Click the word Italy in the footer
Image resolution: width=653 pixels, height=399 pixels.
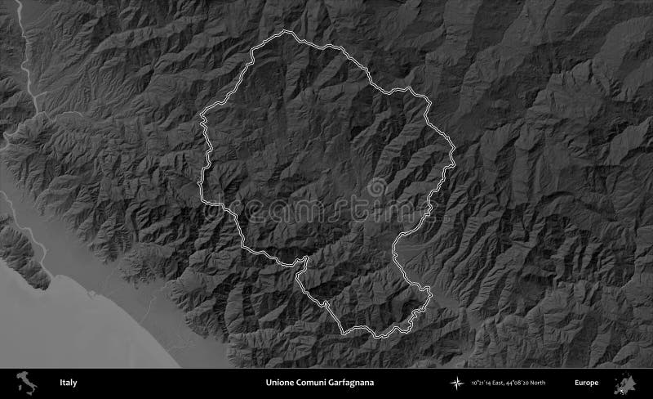click(x=69, y=383)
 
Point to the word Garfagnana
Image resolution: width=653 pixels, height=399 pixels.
click(x=358, y=383)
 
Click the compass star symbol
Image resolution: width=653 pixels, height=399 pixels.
click(x=455, y=383)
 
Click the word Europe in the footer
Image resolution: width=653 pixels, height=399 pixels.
click(x=586, y=383)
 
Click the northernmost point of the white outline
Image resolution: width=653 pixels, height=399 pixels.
click(x=285, y=32)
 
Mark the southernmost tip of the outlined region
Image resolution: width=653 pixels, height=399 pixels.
click(x=376, y=336)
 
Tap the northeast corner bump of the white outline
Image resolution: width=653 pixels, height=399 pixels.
click(x=424, y=96)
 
